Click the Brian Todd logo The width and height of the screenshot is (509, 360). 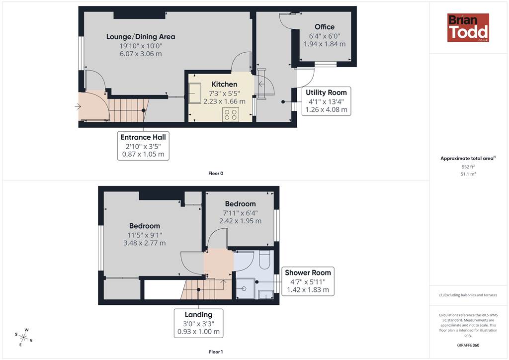tap(468, 27)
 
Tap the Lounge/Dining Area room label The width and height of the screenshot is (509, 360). tap(141, 37)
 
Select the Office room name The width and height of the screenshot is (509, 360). tap(325, 27)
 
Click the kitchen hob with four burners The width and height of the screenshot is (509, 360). tap(231, 114)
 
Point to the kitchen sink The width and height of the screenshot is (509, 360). tap(195, 93)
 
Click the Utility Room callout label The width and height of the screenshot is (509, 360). tap(326, 101)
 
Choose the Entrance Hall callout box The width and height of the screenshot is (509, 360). tap(143, 146)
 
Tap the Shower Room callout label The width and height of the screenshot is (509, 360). tap(308, 281)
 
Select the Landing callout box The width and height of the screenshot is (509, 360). tap(199, 323)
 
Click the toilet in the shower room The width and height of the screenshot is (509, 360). tap(264, 260)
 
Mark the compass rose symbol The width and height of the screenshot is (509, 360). tap(24, 337)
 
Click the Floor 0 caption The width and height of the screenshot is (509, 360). tap(216, 174)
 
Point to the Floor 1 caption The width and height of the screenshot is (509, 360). tap(216, 352)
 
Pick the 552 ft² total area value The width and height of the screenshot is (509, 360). tap(468, 167)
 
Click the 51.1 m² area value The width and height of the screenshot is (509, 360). tap(468, 174)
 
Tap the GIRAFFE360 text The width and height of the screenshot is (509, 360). tap(468, 345)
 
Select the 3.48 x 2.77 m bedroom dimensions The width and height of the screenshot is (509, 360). tap(145, 243)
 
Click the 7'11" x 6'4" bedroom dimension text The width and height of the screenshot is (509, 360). tap(240, 213)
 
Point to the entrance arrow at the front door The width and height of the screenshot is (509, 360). tap(78, 106)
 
